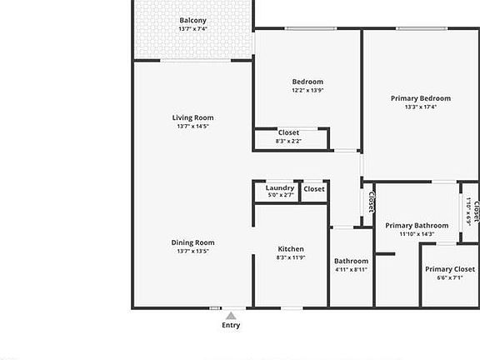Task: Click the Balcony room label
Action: coord(192,21)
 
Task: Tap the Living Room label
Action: coord(192,117)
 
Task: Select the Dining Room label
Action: coord(192,242)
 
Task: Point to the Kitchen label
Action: coord(291,249)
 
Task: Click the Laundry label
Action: coord(280,188)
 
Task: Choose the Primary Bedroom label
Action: coord(420,98)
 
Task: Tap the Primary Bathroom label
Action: coord(417,226)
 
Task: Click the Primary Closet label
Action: coord(450,269)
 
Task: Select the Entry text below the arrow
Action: coord(231,325)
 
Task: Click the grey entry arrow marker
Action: coord(231,315)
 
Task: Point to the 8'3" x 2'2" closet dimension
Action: coord(288,141)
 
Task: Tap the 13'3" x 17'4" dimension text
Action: coord(420,107)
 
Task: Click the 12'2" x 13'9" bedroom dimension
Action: coord(307,90)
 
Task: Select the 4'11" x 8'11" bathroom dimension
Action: coord(351,270)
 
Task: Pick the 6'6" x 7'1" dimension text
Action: coord(450,277)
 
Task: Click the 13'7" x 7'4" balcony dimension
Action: coord(192,29)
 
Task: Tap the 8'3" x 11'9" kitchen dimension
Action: coord(291,257)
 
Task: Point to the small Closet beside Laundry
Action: coord(314,189)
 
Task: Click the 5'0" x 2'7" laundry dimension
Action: coord(280,195)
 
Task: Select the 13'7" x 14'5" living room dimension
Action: coord(192,127)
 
